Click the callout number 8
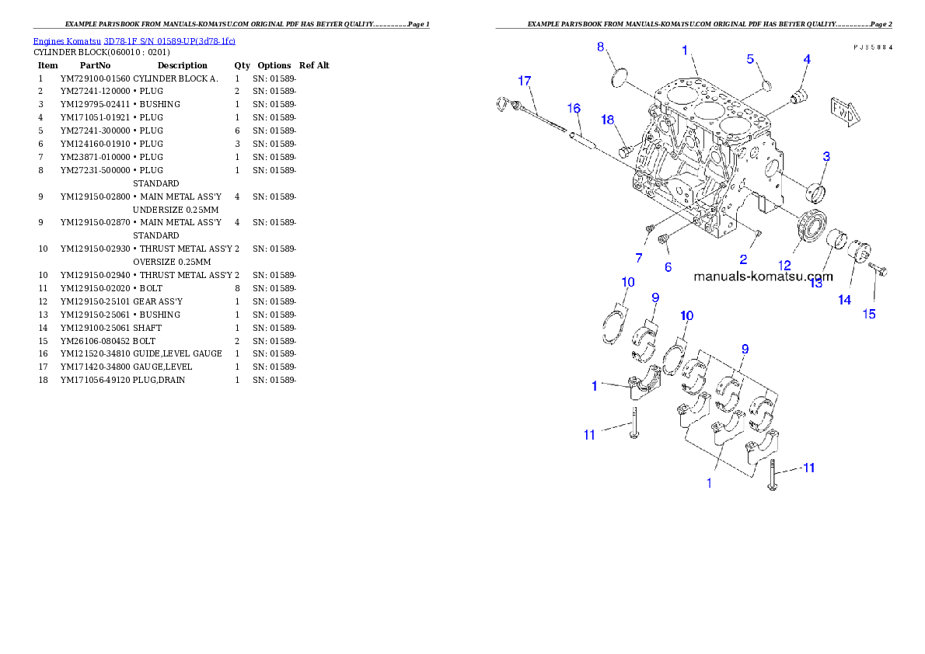pyautogui.click(x=601, y=47)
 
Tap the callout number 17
pyautogui.click(x=525, y=81)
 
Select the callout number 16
pyautogui.click(x=574, y=107)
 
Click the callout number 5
pyautogui.click(x=750, y=59)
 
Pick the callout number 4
pyautogui.click(x=807, y=59)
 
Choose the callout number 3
pyautogui.click(x=826, y=156)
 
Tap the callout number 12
pyautogui.click(x=785, y=266)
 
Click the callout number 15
pyautogui.click(x=869, y=314)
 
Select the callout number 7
pyautogui.click(x=639, y=257)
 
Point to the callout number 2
pyautogui.click(x=743, y=259)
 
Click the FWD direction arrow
pyautogui.click(x=845, y=111)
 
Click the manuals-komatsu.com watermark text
pyautogui.click(x=763, y=276)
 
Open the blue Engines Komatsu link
pyautogui.click(x=134, y=40)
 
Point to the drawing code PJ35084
pyautogui.click(x=872, y=47)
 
